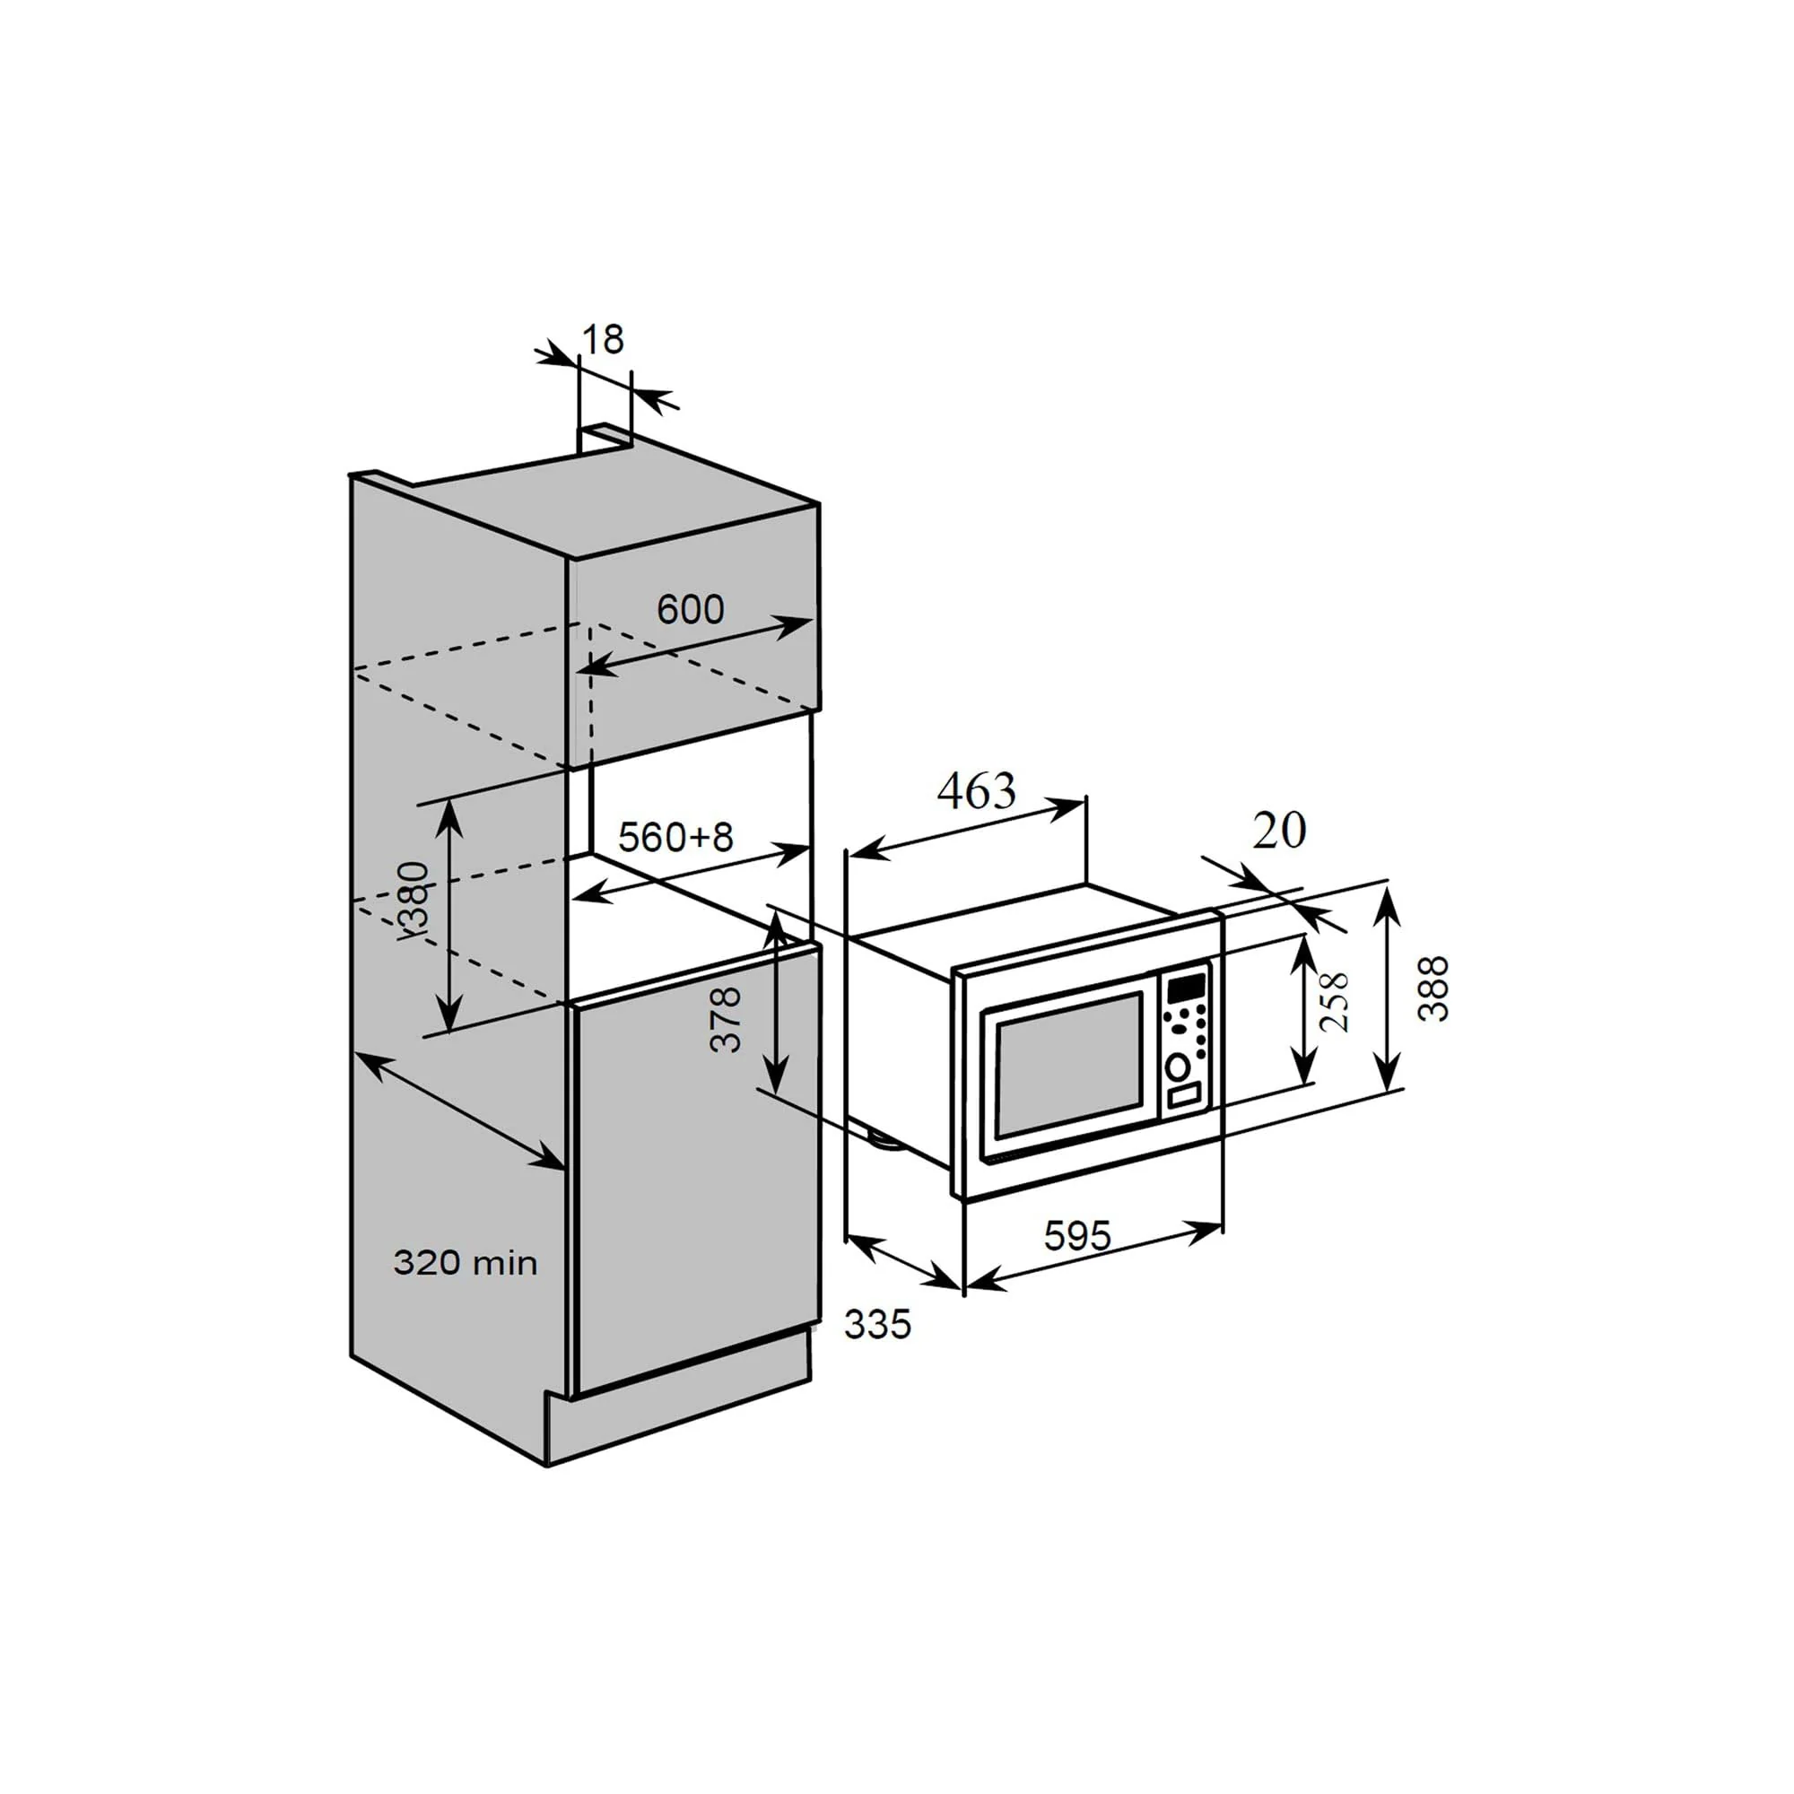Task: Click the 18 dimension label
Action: [x=603, y=340]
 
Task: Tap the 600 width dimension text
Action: [x=690, y=609]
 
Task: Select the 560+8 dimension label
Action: [x=675, y=837]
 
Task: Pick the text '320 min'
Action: [x=466, y=1263]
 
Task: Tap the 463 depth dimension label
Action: [x=976, y=791]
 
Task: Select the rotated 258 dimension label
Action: [x=1334, y=1002]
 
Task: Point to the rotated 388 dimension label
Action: [x=1433, y=988]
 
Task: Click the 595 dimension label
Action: [x=1077, y=1235]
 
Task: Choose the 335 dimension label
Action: [x=877, y=1324]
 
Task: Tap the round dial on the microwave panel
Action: [x=1179, y=1067]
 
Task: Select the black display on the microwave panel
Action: [x=1186, y=985]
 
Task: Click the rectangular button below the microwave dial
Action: [x=1183, y=1097]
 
